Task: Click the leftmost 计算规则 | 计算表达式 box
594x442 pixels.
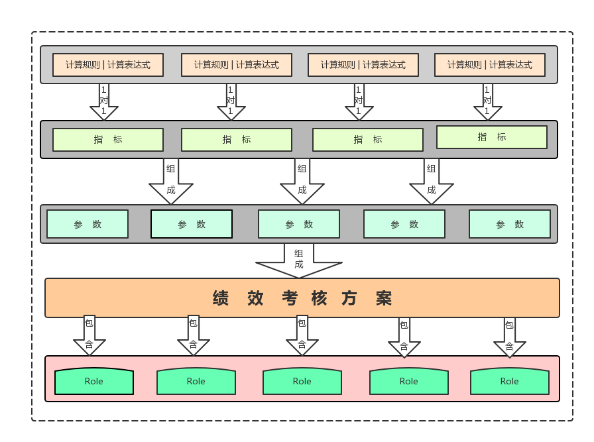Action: click(x=107, y=65)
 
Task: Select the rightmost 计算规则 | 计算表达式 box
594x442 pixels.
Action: click(x=489, y=65)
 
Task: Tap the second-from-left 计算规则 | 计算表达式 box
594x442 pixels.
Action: click(x=236, y=65)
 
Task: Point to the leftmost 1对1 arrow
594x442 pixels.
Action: click(x=104, y=101)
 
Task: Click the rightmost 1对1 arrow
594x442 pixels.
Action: click(x=487, y=101)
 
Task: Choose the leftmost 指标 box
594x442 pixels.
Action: click(x=108, y=139)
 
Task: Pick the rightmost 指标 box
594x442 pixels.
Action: click(x=491, y=137)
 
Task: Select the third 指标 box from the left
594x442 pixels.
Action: click(x=367, y=139)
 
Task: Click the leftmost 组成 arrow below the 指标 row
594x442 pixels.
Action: click(x=170, y=181)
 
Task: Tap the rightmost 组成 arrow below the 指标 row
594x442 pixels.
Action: click(x=431, y=181)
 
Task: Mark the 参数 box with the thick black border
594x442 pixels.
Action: click(x=192, y=224)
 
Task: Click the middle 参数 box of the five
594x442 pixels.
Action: click(x=298, y=224)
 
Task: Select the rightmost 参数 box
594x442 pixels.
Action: click(x=509, y=224)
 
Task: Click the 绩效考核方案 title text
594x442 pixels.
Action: click(x=302, y=298)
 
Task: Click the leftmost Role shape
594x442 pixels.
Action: click(x=94, y=381)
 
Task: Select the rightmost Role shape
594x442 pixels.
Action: click(x=509, y=381)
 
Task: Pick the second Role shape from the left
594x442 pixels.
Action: click(x=196, y=381)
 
